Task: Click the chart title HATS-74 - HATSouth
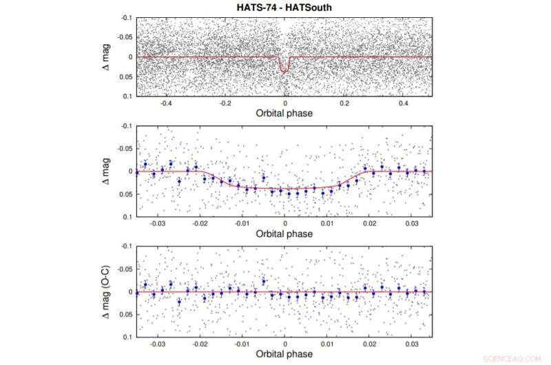(x=284, y=6)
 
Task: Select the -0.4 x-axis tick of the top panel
(x=165, y=103)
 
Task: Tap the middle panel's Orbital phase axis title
(x=284, y=233)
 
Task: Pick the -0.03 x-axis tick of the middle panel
(x=158, y=224)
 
